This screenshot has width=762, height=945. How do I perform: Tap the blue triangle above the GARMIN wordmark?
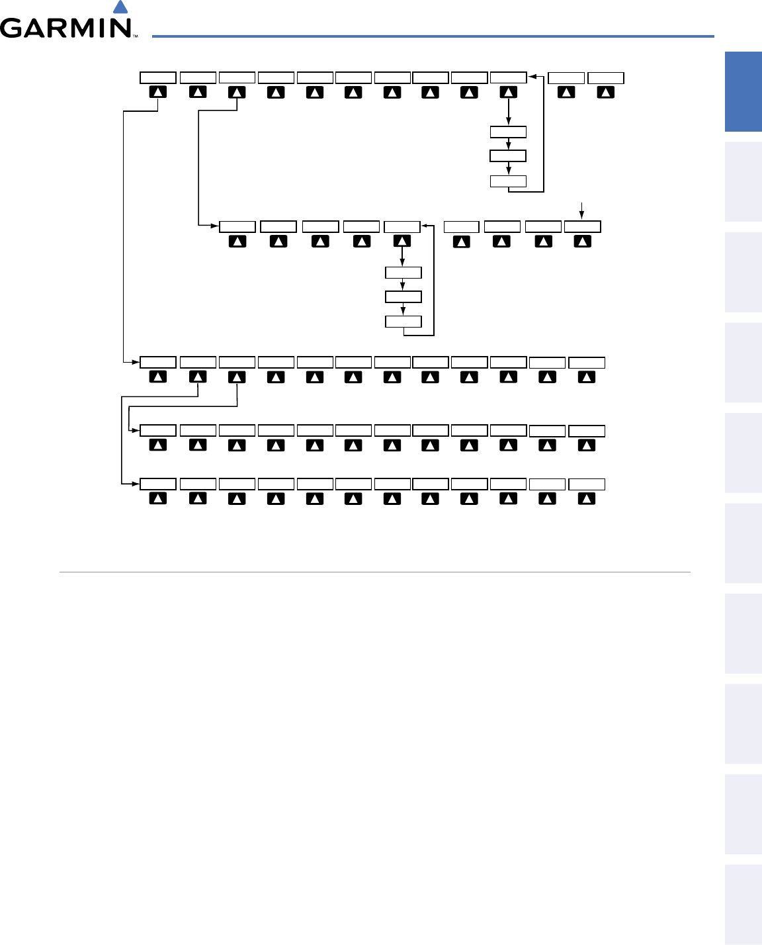coord(120,7)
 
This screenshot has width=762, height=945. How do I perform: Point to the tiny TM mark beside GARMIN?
coord(135,36)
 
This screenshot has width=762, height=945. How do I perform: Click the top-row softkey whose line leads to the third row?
coord(158,93)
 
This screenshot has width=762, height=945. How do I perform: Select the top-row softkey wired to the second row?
coord(237,93)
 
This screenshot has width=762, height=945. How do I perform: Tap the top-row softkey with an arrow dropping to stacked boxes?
coord(508,93)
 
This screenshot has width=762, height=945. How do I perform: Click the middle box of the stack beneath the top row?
coord(508,156)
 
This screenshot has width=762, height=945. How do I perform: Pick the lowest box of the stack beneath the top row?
coord(508,181)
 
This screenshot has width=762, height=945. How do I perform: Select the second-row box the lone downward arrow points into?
coord(582,226)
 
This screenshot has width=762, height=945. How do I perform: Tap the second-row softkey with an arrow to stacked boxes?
coord(402,242)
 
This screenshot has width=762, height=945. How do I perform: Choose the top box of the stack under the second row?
coord(403,273)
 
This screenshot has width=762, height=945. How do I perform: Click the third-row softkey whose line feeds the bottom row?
coord(198,377)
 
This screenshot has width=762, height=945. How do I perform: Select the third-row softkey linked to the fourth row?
coord(237,377)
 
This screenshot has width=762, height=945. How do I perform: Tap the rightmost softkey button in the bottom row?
coord(587,498)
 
